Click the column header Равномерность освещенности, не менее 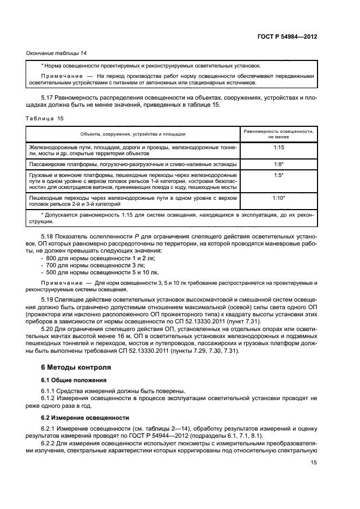(x=278, y=134)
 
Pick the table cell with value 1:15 (x=278, y=147)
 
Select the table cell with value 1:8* (x=278, y=164)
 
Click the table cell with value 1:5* (x=278, y=175)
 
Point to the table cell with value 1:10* (x=278, y=198)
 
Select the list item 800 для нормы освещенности (x=87, y=257)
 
